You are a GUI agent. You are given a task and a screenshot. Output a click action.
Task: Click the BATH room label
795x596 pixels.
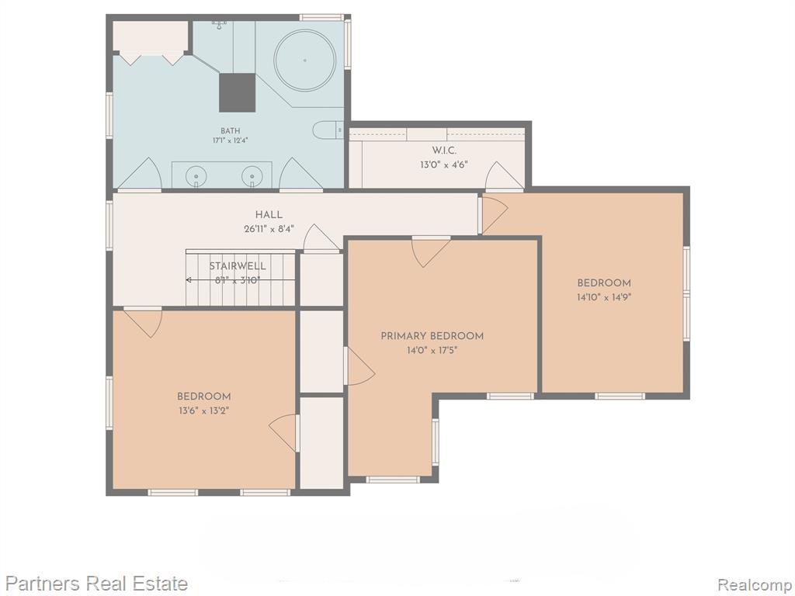[230, 130]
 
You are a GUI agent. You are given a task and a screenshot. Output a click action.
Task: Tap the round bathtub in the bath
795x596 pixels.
[304, 61]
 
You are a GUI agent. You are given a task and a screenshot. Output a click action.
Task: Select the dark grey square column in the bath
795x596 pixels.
[237, 92]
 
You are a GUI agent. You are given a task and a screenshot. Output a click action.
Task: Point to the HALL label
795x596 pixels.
[269, 215]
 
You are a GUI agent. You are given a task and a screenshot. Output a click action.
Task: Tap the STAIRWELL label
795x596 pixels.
[238, 266]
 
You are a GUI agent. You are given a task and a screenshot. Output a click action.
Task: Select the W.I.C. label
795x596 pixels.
[444, 151]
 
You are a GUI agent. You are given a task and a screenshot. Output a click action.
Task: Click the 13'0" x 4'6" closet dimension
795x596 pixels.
[443, 165]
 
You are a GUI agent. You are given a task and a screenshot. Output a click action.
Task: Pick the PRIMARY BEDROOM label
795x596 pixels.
[432, 336]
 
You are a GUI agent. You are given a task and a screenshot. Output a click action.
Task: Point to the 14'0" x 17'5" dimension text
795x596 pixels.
[432, 350]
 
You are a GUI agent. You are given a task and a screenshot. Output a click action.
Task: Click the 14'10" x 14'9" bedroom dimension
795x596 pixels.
[604, 297]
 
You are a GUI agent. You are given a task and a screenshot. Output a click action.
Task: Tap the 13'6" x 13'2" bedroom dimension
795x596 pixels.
[204, 411]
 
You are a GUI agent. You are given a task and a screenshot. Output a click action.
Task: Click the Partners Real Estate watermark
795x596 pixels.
[96, 584]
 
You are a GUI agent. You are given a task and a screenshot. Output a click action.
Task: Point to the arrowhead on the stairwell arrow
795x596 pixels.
[189, 279]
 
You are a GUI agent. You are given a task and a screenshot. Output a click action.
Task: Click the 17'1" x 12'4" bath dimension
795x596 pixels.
[230, 140]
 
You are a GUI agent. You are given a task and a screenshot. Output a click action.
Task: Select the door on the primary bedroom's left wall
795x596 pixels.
[359, 366]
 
